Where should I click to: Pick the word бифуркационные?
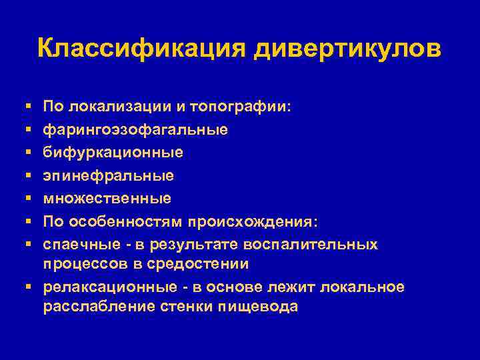point(113,153)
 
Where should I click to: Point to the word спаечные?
point(81,244)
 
